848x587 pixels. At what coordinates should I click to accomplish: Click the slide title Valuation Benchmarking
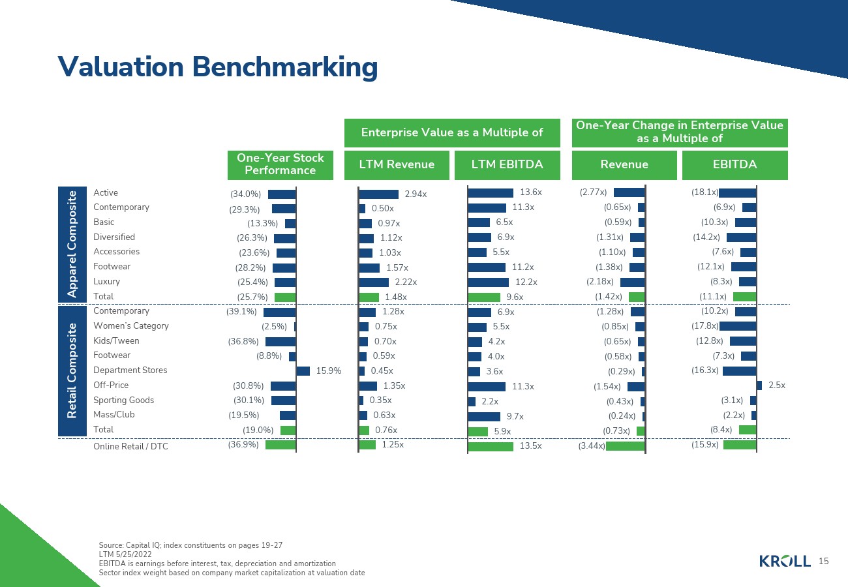[x=218, y=67]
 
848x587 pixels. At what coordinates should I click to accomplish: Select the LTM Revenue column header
[x=397, y=165]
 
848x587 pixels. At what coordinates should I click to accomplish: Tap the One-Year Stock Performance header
[x=280, y=165]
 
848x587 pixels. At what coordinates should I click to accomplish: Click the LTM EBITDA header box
[x=507, y=165]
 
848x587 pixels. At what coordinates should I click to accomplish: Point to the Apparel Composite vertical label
[x=72, y=244]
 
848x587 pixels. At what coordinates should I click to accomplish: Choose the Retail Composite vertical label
[x=72, y=370]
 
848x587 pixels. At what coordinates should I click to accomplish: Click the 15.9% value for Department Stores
[x=329, y=371]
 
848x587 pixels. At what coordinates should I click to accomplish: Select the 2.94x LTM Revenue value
[x=416, y=194]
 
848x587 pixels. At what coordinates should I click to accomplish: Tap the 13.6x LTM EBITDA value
[x=531, y=192]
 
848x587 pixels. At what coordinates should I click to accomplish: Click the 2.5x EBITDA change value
[x=776, y=385]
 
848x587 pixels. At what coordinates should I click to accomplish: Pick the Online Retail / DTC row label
[x=130, y=447]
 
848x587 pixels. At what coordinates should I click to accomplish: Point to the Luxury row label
[x=106, y=282]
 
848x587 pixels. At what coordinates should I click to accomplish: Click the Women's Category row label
[x=130, y=326]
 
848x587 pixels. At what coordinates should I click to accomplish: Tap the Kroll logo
[x=785, y=561]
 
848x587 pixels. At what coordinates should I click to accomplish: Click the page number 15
[x=823, y=561]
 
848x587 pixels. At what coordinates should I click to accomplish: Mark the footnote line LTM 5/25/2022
[x=125, y=554]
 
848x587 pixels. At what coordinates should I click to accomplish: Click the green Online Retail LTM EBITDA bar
[x=491, y=447]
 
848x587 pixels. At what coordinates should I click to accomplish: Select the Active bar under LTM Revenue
[x=378, y=194]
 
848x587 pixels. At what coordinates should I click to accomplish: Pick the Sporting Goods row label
[x=124, y=400]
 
